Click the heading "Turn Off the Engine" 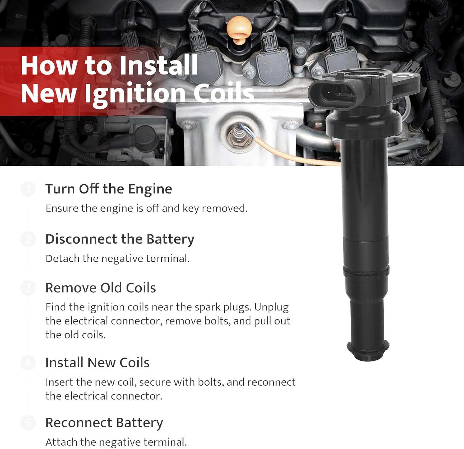pyautogui.click(x=109, y=189)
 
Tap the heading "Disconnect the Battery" pyautogui.click(x=120, y=239)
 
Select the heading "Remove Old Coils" pyautogui.click(x=101, y=288)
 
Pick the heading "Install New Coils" pyautogui.click(x=97, y=363)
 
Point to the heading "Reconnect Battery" pyautogui.click(x=104, y=423)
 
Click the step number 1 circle pyautogui.click(x=28, y=189)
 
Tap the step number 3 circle pyautogui.click(x=28, y=288)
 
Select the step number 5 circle pyautogui.click(x=28, y=423)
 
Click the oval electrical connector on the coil pyautogui.click(x=327, y=92)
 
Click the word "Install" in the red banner pyautogui.click(x=158, y=65)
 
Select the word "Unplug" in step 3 pyautogui.click(x=271, y=307)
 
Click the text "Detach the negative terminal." pyautogui.click(x=118, y=259)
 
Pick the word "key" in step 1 pyautogui.click(x=191, y=209)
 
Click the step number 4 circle pyautogui.click(x=28, y=363)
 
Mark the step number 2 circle pyautogui.click(x=28, y=239)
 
